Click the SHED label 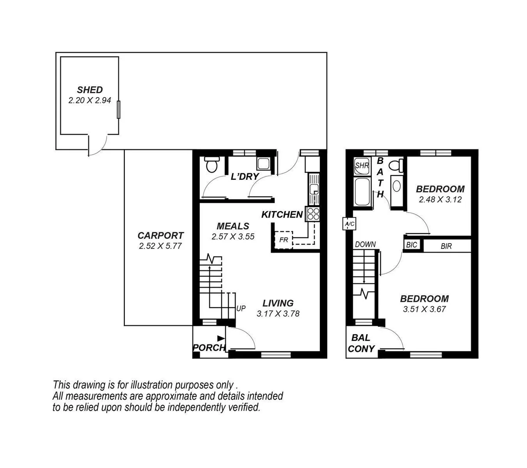point(90,90)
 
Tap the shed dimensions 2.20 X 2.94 point(90,100)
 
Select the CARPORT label point(160,236)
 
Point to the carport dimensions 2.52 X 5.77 point(160,246)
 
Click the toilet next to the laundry point(212,165)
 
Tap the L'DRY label point(245,176)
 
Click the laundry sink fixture point(263,164)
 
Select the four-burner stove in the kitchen point(312,214)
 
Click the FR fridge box point(283,240)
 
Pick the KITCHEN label point(282,214)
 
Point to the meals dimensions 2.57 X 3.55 point(233,237)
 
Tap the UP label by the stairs point(241,309)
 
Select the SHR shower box point(361,166)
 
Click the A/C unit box point(349,224)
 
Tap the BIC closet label point(411,245)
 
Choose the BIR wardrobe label point(446,246)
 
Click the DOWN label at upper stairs point(365,244)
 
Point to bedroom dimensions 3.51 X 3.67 point(424,309)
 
